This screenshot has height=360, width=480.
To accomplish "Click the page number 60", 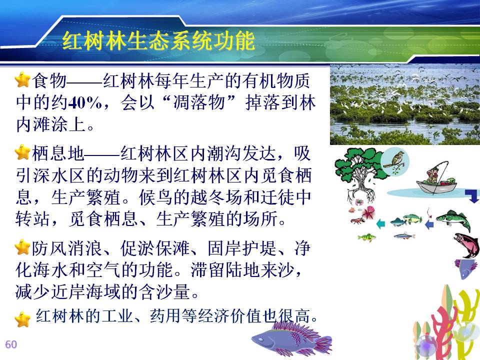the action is tap(11, 344).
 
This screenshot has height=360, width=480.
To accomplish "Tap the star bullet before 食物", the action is tap(22, 79).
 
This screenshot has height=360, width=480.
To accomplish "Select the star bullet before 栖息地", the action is tap(22, 152).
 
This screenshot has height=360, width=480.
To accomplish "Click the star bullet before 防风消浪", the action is tap(22, 247).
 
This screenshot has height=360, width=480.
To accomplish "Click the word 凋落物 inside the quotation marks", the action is tap(199, 103).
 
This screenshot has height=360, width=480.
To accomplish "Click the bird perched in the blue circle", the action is tap(395, 160).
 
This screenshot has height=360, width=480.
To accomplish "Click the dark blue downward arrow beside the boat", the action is tap(472, 196).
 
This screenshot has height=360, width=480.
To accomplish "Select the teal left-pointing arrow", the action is tap(380, 224).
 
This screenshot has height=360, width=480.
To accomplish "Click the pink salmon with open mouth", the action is tap(466, 244).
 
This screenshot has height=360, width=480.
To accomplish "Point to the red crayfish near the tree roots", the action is tap(357, 220).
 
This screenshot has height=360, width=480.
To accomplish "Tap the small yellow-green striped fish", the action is tap(366, 237).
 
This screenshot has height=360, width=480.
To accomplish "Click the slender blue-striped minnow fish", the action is tap(404, 235).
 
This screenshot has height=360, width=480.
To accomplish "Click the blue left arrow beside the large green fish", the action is tap(429, 224).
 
